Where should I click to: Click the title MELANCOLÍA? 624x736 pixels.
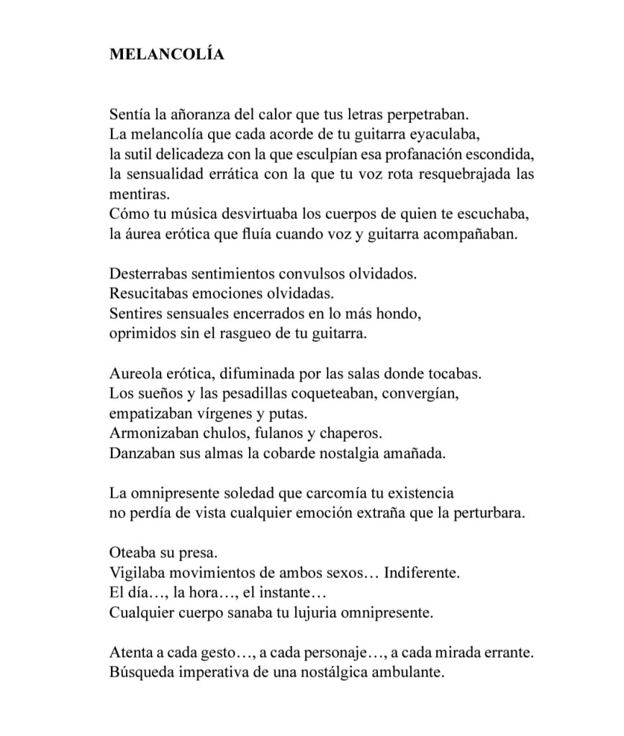pyautogui.click(x=166, y=55)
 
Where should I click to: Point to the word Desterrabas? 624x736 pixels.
pyautogui.click(x=146, y=274)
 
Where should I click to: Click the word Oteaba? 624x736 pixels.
pyautogui.click(x=132, y=553)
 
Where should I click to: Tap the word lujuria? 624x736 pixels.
pyautogui.click(x=324, y=613)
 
